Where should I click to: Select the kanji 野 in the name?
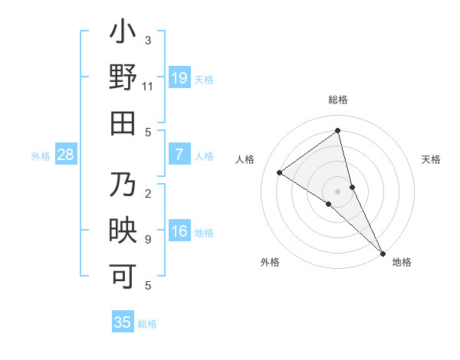point(123,78)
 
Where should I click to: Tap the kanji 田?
point(123,123)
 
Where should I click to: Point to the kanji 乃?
point(123,185)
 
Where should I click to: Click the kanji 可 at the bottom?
point(123,275)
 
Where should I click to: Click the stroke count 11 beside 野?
point(148,87)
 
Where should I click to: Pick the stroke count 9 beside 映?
point(148,239)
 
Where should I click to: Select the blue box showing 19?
point(179,78)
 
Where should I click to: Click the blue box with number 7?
point(179,155)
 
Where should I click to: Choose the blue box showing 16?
point(179,231)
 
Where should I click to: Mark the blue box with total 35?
point(123,322)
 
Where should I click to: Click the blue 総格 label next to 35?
point(147,324)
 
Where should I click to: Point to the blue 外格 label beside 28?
point(41,156)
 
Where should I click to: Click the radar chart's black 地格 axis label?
point(402,263)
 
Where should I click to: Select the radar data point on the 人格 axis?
point(279,172)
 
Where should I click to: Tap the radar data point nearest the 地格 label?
point(382,252)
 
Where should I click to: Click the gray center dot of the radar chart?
point(337,191)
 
